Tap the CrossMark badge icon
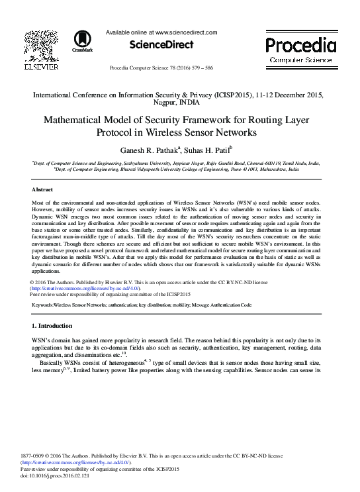coord(83,39)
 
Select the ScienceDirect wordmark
coord(160,45)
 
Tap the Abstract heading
coord(42,189)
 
